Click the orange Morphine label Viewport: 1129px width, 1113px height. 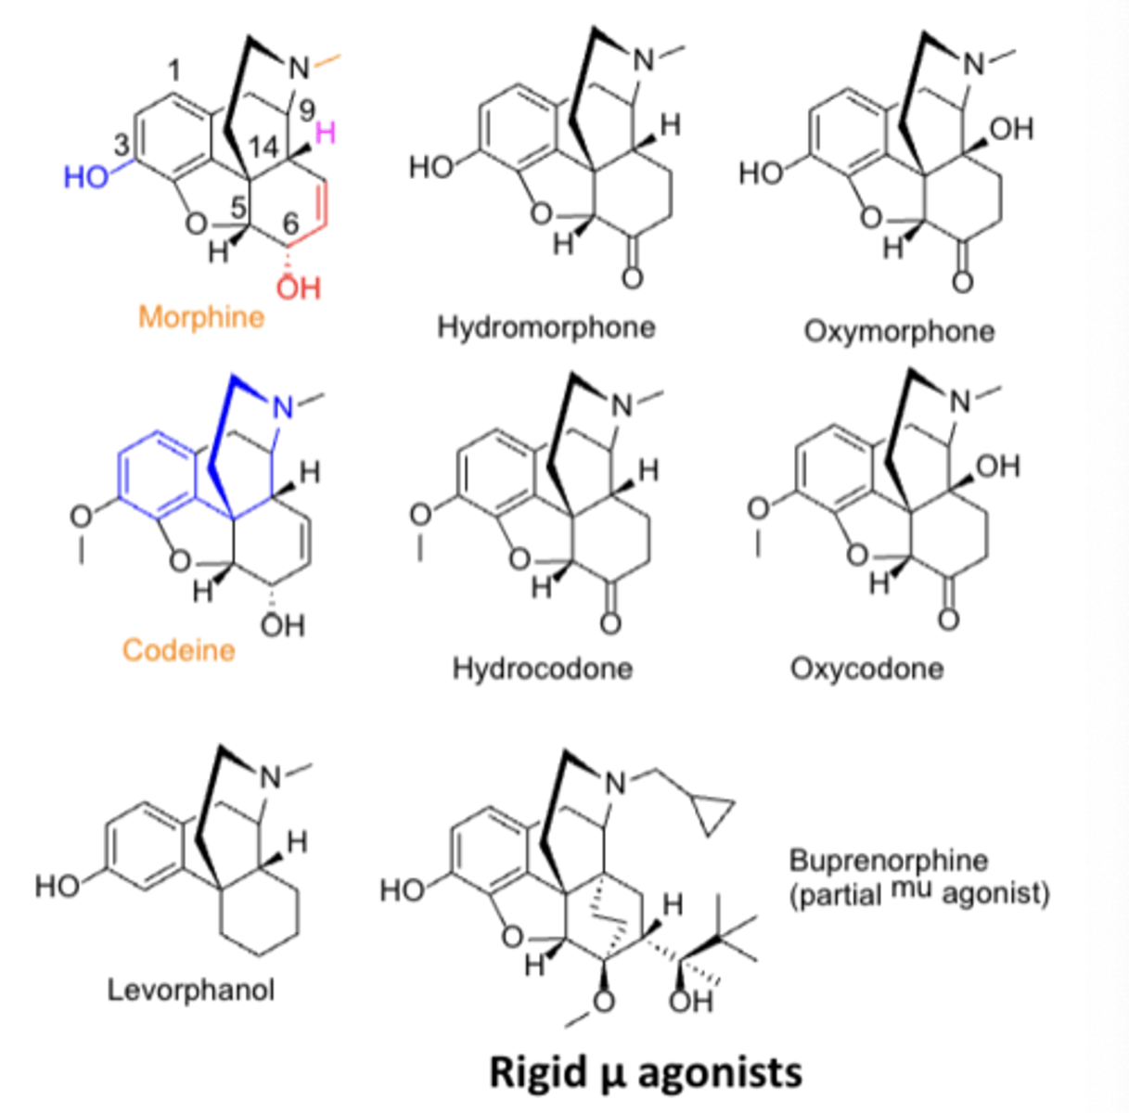click(x=201, y=317)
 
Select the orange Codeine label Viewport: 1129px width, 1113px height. click(x=178, y=649)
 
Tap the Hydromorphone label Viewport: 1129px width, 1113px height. click(x=546, y=326)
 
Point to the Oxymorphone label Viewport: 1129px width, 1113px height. click(x=899, y=331)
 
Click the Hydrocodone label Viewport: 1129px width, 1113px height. click(x=543, y=668)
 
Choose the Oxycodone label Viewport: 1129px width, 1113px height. click(x=866, y=668)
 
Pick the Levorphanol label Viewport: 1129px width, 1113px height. click(x=191, y=990)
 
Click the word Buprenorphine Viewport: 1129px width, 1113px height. click(x=888, y=860)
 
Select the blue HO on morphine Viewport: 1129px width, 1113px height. click(x=85, y=176)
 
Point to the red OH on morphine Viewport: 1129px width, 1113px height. click(x=299, y=288)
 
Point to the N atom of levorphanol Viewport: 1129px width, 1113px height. click(x=270, y=777)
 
